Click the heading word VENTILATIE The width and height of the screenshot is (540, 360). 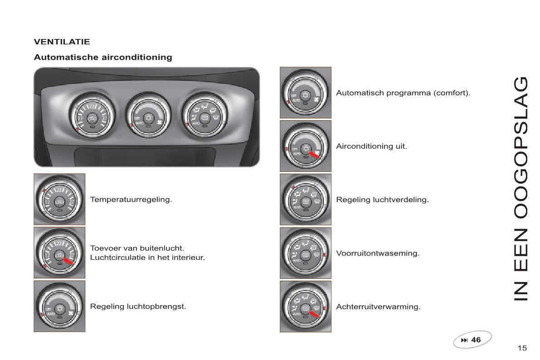pos(62,42)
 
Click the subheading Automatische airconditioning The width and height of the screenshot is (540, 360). pos(103,57)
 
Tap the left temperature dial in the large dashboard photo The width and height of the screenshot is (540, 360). pos(92,116)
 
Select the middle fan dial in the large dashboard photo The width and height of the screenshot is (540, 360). pos(148,116)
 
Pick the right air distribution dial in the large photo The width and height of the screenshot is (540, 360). pos(204,116)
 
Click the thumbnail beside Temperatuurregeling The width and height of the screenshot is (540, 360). pos(59,199)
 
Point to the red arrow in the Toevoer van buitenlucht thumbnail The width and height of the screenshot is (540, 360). pos(68,261)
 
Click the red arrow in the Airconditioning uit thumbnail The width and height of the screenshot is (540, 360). pos(314,155)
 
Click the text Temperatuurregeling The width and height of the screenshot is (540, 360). pos(131,199)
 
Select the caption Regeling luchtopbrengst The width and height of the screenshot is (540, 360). pos(138,306)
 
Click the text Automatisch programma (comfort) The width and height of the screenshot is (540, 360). pos(403,92)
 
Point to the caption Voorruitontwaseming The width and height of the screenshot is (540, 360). pos(378,253)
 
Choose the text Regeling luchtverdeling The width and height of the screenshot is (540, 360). pos(383,199)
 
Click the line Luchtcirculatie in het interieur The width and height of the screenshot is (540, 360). pos(147,258)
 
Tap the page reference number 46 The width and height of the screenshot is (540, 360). pos(476,340)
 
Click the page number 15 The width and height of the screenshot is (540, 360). pos(522,348)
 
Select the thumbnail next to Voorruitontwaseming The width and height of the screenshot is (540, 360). pos(306,253)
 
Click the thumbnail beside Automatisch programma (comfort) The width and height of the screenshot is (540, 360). pos(306,92)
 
